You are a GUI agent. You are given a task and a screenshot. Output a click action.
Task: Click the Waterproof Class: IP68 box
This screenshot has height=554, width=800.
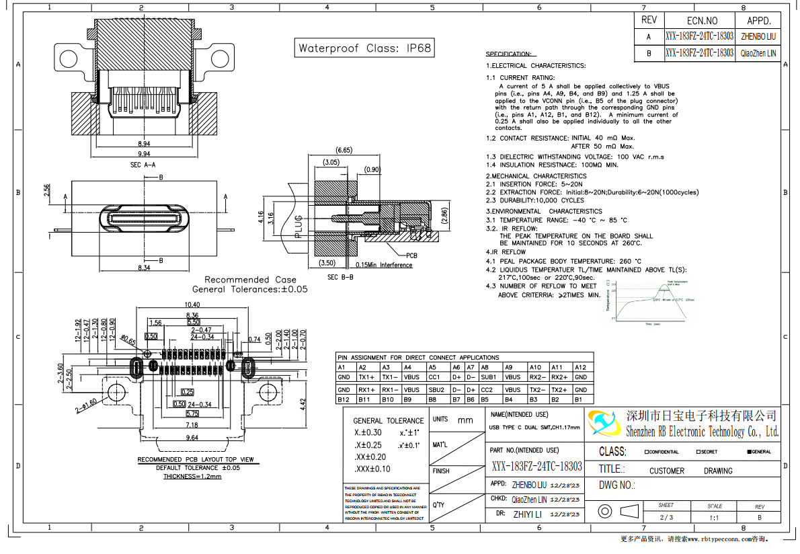(365, 48)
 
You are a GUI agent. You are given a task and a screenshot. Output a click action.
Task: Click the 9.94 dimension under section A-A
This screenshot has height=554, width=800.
(143, 154)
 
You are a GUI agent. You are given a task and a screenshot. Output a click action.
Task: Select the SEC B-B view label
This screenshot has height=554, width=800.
(340, 277)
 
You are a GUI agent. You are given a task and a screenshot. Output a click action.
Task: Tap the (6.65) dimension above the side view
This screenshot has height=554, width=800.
(344, 150)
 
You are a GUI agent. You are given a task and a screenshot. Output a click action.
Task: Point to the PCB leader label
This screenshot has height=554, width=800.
(411, 256)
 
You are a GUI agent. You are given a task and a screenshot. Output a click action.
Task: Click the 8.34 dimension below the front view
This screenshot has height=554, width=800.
(144, 268)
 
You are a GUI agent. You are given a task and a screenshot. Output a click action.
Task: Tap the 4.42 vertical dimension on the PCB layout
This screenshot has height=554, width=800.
(303, 403)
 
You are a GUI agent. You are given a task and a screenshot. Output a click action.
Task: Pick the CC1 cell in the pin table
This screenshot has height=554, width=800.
(434, 377)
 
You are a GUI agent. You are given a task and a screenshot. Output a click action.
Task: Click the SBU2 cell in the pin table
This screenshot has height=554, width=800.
(436, 389)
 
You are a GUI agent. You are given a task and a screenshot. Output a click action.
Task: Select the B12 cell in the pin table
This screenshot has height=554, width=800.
(344, 399)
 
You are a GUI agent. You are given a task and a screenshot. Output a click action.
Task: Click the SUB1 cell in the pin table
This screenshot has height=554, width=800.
(489, 377)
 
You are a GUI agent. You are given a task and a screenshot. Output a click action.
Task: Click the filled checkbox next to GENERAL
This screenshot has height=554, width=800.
(750, 452)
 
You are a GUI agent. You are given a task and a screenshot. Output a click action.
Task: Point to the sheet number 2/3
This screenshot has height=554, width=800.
(666, 517)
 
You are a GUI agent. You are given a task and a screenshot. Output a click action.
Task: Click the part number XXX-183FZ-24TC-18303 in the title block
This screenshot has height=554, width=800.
(536, 467)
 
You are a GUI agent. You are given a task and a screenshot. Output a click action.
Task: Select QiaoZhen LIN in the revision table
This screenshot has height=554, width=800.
(758, 52)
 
